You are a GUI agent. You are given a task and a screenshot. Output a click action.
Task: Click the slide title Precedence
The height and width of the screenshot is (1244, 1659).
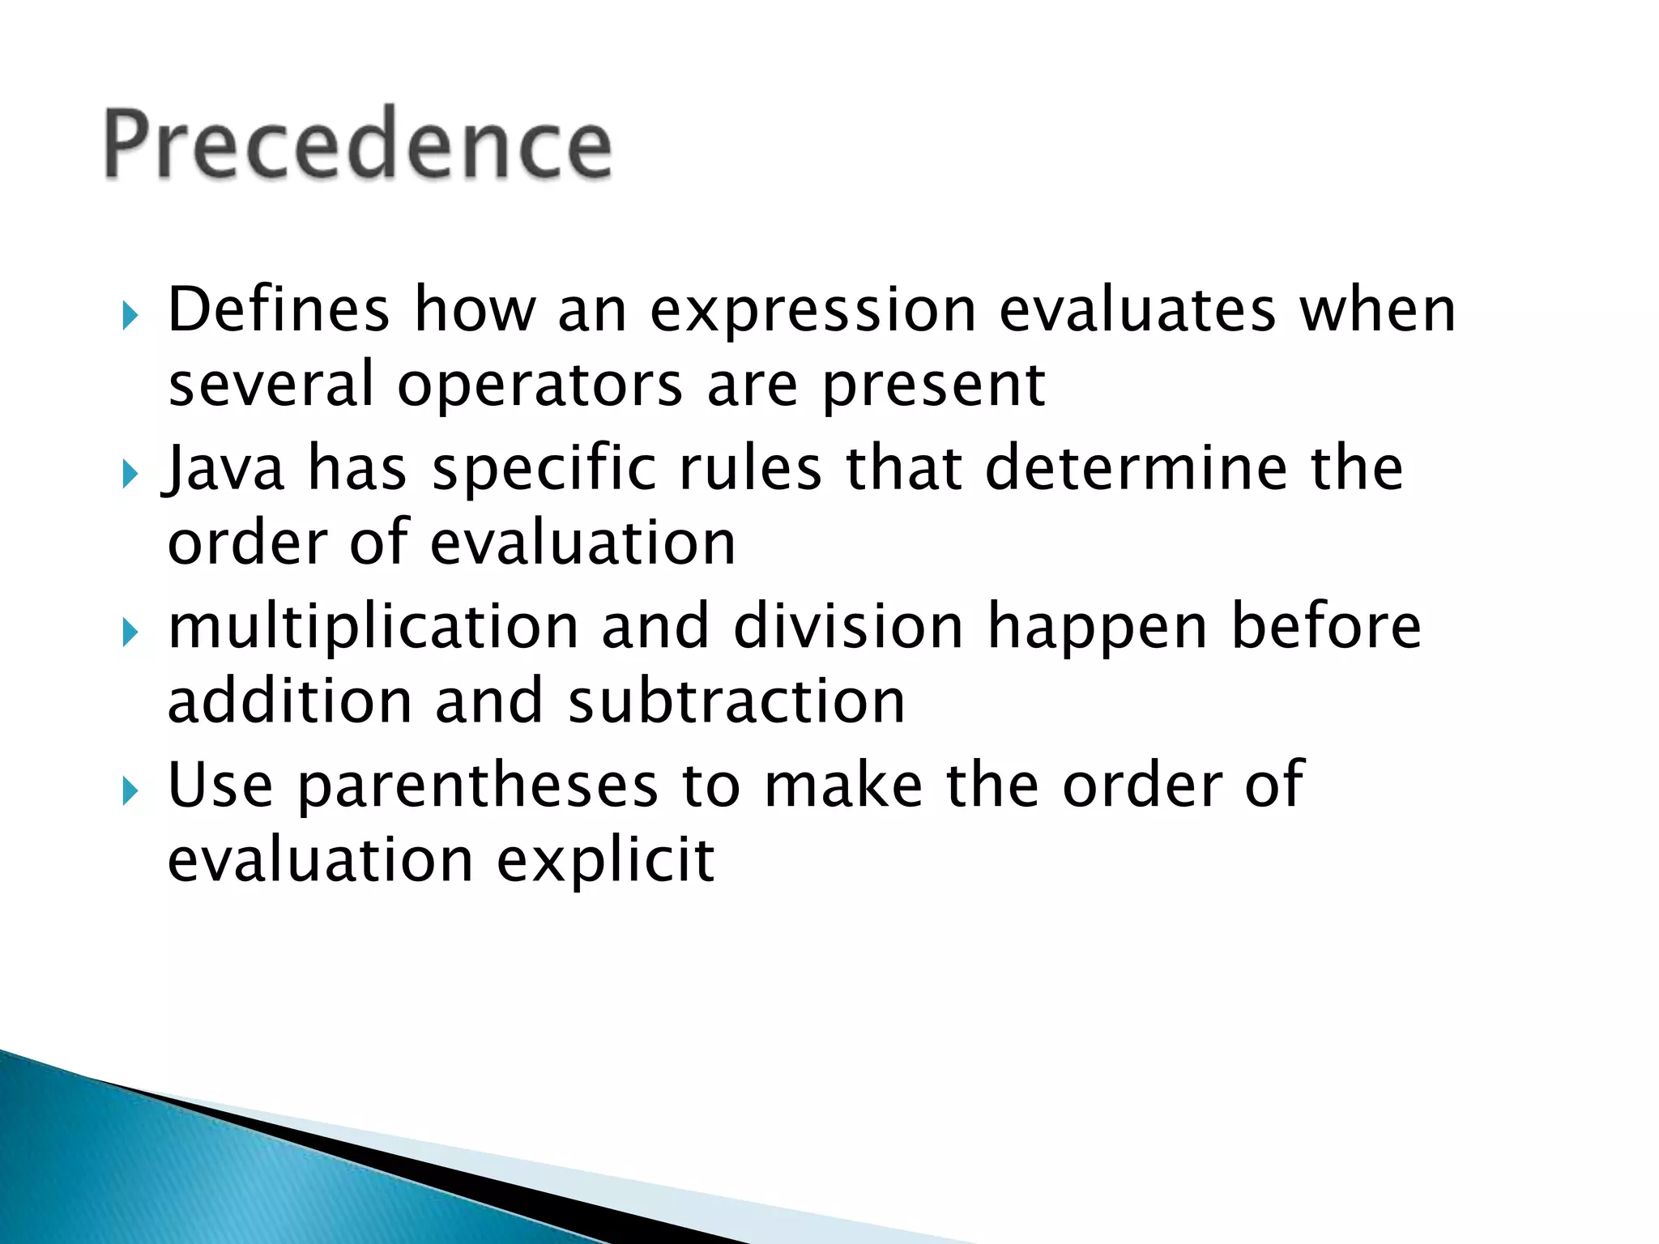pyautogui.click(x=357, y=144)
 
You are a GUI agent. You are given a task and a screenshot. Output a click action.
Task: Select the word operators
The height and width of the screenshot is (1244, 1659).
pyautogui.click(x=539, y=385)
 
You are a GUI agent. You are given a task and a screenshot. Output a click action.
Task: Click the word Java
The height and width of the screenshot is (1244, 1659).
pyautogui.click(x=224, y=469)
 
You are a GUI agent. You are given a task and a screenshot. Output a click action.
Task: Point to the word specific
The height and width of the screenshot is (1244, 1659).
pyautogui.click(x=544, y=469)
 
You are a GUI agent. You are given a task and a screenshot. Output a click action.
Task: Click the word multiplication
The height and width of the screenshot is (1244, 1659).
pyautogui.click(x=373, y=627)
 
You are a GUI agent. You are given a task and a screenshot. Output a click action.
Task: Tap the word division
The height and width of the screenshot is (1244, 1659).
pyautogui.click(x=848, y=627)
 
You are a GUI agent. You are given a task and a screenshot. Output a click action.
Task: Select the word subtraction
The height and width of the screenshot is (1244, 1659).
pyautogui.click(x=736, y=701)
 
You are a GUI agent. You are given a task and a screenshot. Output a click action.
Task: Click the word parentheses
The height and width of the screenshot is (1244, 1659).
pyautogui.click(x=478, y=786)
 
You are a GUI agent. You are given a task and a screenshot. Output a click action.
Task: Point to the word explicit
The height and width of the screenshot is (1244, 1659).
pyautogui.click(x=605, y=859)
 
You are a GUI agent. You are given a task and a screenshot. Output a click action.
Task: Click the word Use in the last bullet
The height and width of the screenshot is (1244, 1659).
pyautogui.click(x=220, y=785)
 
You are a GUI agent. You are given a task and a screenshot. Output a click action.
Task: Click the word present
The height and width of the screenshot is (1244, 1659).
pyautogui.click(x=933, y=386)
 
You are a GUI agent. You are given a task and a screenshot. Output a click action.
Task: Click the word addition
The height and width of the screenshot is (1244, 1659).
pyautogui.click(x=289, y=701)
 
